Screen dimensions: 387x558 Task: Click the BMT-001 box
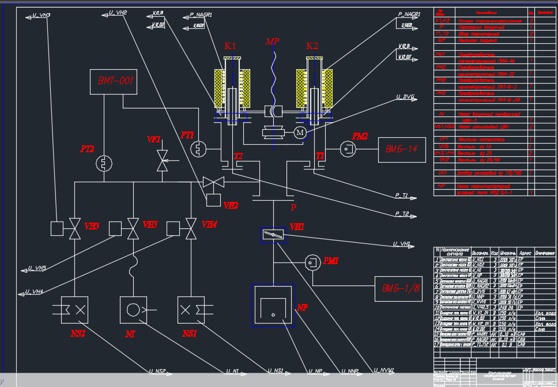[113, 81]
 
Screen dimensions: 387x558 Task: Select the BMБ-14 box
[402, 150]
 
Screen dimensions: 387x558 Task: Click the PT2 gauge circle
[104, 163]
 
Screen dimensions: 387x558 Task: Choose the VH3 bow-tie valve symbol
[74, 228]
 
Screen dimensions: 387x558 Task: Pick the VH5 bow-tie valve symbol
[133, 228]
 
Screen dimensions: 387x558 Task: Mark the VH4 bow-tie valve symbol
[190, 228]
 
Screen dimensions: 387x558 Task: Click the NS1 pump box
[191, 311]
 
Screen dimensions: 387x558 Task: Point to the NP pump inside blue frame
[272, 309]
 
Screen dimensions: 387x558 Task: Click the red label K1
[231, 46]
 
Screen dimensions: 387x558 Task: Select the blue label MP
[272, 42]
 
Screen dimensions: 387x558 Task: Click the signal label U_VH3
[40, 15]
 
